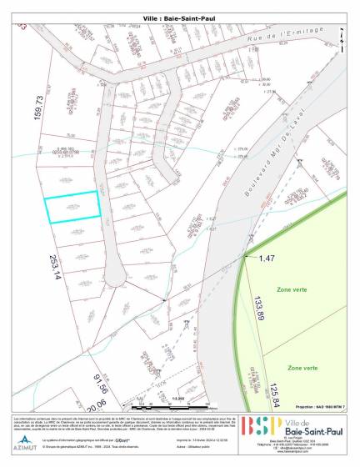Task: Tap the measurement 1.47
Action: tap(266, 259)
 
